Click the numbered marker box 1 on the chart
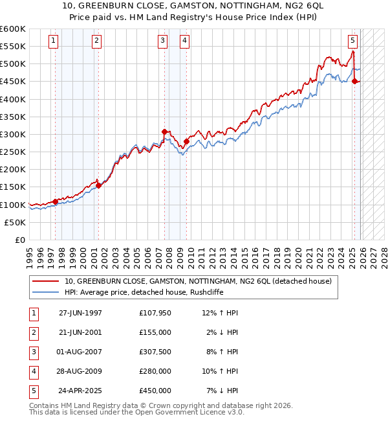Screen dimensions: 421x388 pyautogui.click(x=52, y=41)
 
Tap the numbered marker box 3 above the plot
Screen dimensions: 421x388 pyautogui.click(x=162, y=41)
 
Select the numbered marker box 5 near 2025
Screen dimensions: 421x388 pyautogui.click(x=352, y=41)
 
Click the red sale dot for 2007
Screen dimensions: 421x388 pyautogui.click(x=165, y=131)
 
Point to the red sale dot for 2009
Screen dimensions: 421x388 pyautogui.click(x=186, y=141)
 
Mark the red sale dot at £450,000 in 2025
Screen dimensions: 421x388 pyautogui.click(x=355, y=81)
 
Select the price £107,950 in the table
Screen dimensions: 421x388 pyautogui.click(x=155, y=313)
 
